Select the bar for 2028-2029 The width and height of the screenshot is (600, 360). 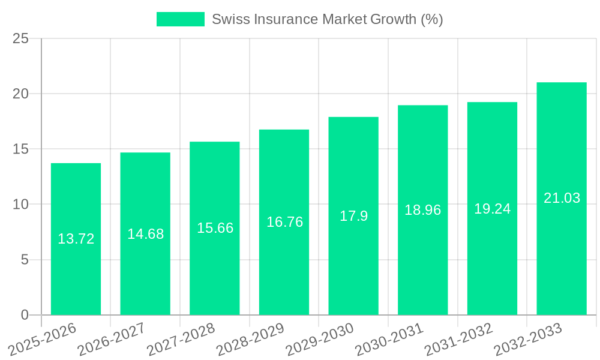[x=284, y=270]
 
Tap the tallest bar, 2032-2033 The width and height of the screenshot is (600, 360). [x=561, y=252]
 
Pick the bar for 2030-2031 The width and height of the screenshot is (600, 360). [x=422, y=264]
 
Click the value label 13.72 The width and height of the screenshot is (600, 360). [x=76, y=239]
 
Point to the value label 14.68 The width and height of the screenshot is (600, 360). [x=145, y=234]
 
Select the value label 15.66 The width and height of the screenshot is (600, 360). [x=215, y=228]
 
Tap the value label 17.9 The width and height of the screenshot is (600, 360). [x=353, y=216]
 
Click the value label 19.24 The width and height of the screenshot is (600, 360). [x=492, y=209]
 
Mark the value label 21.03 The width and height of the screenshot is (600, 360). [x=562, y=198]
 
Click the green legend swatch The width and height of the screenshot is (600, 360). [x=180, y=19]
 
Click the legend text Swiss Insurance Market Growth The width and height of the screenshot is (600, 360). [x=327, y=19]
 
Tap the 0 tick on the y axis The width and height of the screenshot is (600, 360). [x=25, y=315]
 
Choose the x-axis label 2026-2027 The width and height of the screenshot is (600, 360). [x=112, y=339]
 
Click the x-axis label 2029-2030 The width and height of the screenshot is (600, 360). [x=320, y=339]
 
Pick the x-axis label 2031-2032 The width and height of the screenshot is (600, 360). [x=458, y=339]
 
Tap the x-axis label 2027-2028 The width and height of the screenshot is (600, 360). [x=181, y=339]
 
